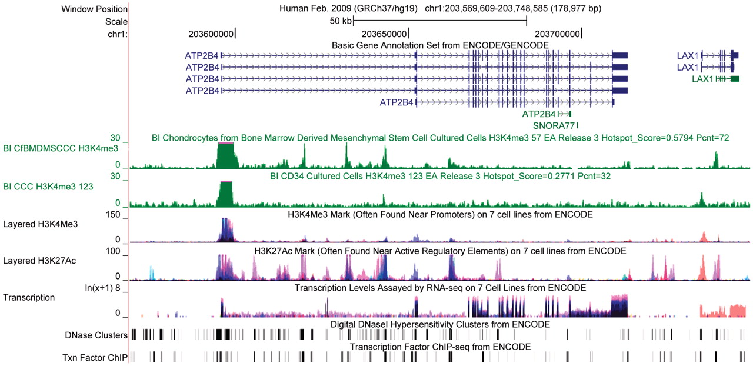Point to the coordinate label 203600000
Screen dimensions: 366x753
click(211, 34)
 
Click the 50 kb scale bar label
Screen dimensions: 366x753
click(341, 21)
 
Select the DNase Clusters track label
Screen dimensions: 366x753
click(95, 335)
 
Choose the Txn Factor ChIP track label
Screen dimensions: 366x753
click(95, 357)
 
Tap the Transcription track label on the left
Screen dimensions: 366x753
click(29, 297)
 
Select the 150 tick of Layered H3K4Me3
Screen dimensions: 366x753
click(112, 216)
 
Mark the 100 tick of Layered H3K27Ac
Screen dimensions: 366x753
click(112, 251)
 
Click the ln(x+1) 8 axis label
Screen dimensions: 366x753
click(104, 288)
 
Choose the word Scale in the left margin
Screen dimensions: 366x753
click(116, 21)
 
